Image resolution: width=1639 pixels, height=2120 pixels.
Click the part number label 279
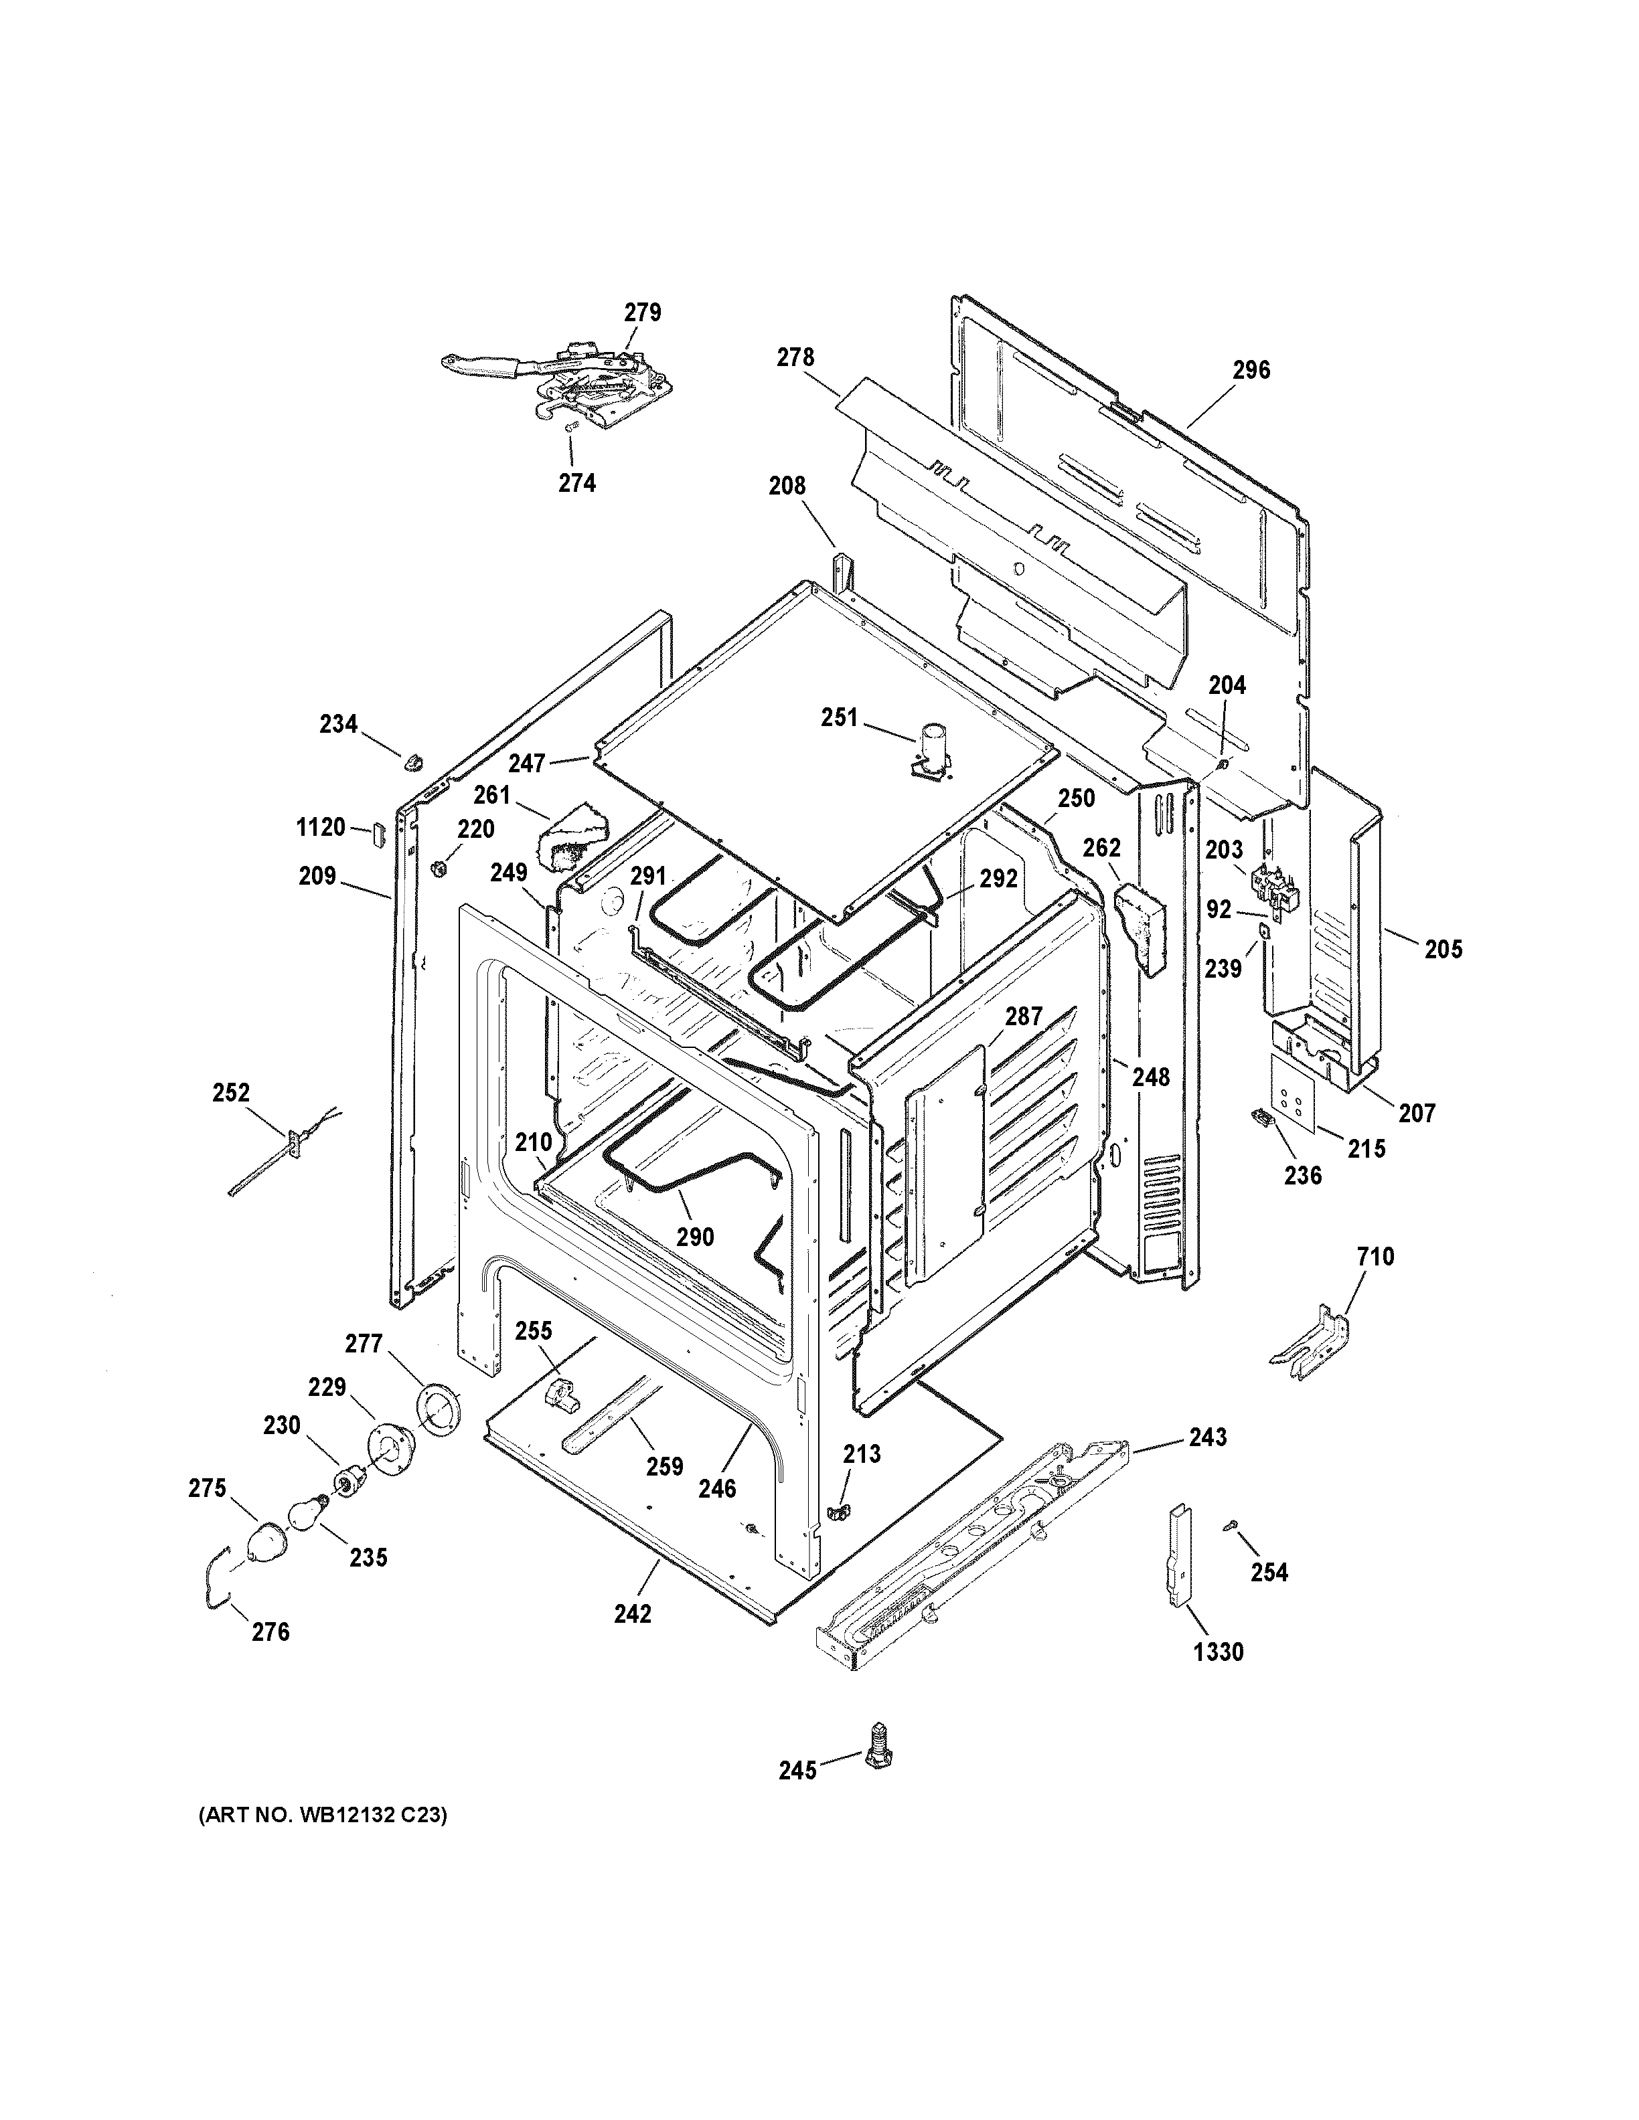coord(642,313)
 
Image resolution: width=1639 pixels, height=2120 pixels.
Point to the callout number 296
coord(1251,370)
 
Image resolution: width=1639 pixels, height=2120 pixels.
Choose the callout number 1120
coord(321,827)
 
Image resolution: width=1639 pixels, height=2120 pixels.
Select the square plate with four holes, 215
coord(1294,1094)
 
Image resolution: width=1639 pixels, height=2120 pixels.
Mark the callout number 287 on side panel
coord(1024,1017)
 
